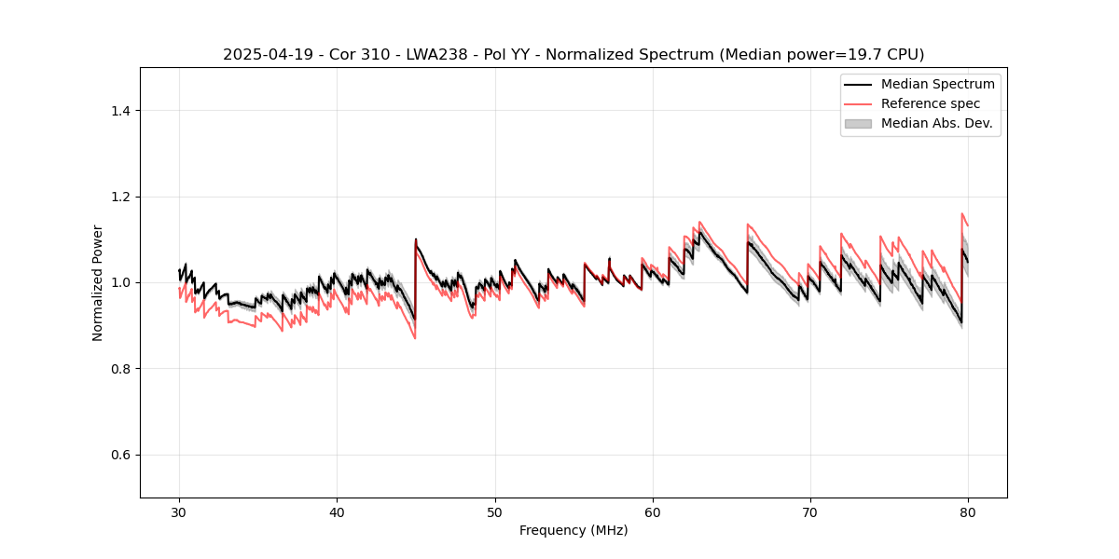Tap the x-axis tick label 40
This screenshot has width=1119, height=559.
pos(338,512)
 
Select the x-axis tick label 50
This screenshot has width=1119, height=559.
pos(495,512)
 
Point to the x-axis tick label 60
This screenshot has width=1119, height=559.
pos(653,512)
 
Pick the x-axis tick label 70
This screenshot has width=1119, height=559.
pos(810,512)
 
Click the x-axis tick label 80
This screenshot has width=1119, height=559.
pos(968,512)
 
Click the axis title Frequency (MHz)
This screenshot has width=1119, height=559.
pos(573,530)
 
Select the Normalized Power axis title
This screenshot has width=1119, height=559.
pos(97,282)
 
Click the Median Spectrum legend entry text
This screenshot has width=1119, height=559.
pos(937,84)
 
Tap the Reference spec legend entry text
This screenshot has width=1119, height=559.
pos(931,103)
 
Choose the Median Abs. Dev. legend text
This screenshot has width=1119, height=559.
pos(937,123)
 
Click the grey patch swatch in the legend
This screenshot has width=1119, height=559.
pos(858,123)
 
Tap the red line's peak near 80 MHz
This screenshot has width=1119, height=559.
pos(962,213)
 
